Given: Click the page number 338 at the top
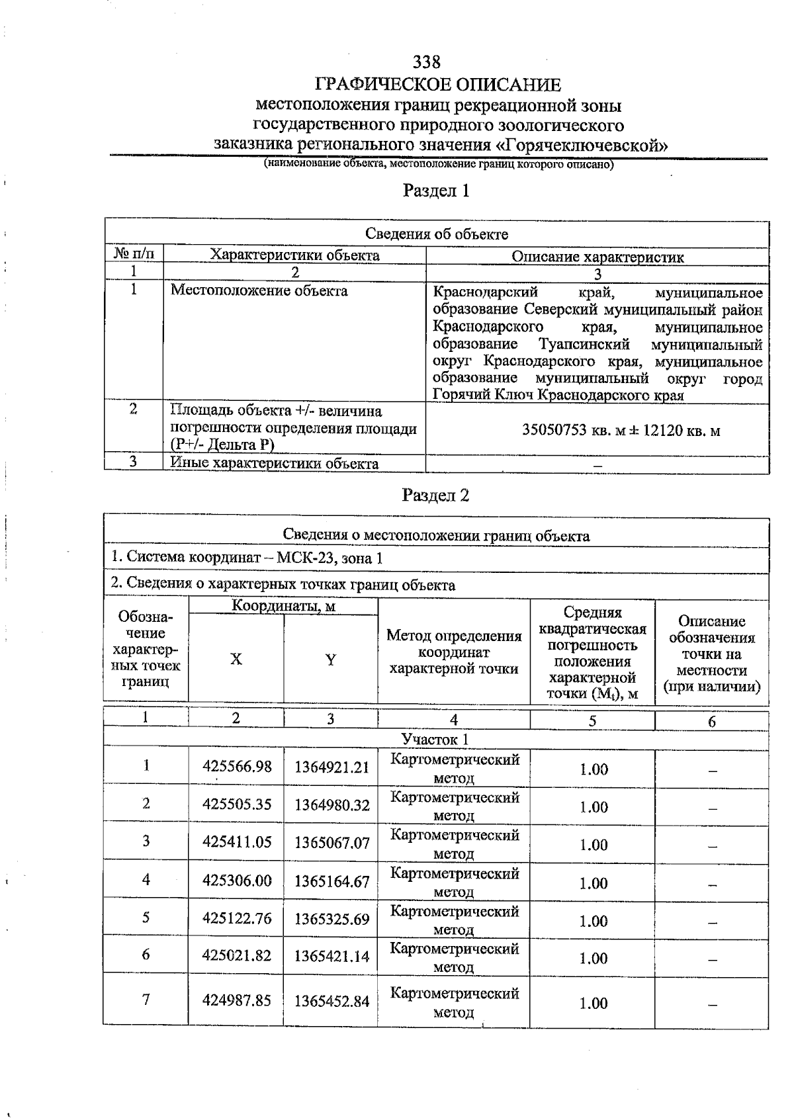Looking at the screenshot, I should click(426, 62).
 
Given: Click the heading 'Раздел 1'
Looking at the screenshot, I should click(436, 191).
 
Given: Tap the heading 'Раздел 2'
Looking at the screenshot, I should click(435, 495).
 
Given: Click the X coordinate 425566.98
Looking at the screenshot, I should click(237, 767).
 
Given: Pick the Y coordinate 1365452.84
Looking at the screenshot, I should click(331, 1001).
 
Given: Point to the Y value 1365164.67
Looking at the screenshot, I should click(331, 881).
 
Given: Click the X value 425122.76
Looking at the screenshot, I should click(237, 918).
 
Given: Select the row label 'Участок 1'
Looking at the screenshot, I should click(435, 739).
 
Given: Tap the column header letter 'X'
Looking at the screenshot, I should click(236, 660).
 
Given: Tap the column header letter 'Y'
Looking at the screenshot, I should click(330, 660).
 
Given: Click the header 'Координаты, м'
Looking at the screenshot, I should click(283, 606).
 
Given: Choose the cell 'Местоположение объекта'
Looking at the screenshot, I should click(259, 290).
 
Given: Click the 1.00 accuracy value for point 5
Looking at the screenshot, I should click(594, 921).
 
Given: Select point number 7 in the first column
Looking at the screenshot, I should click(146, 999).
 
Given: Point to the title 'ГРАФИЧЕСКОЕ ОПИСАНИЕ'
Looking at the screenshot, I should click(438, 85).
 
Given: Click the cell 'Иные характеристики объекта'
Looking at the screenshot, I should click(275, 463).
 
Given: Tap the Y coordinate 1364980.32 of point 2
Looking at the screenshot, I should click(331, 805).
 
